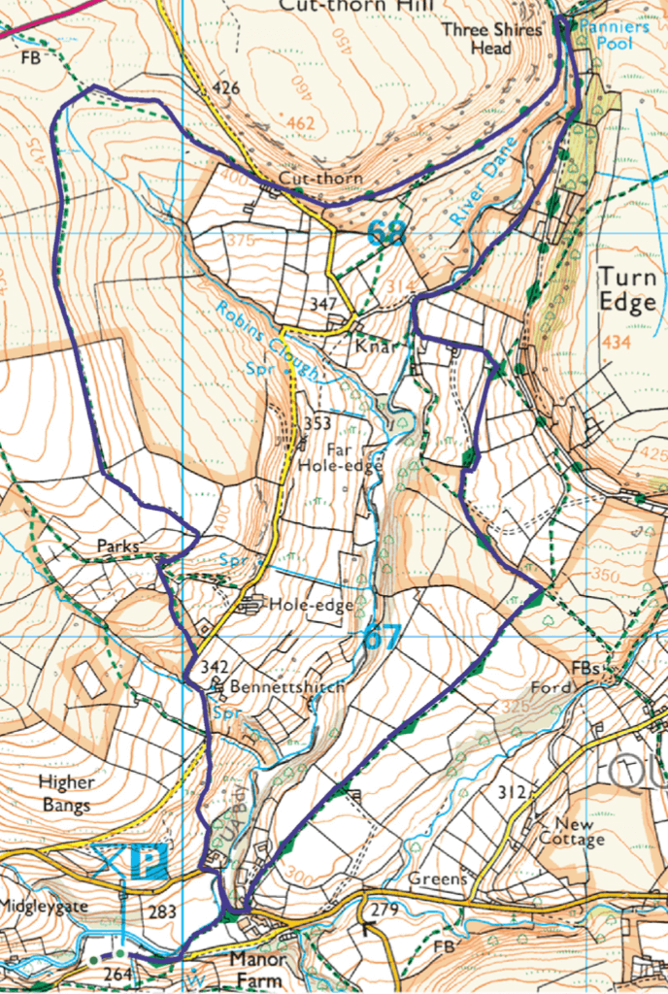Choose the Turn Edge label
pyautogui.click(x=627, y=288)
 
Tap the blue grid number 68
pyautogui.click(x=385, y=233)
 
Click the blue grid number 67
pyautogui.click(x=382, y=640)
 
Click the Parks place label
pyautogui.click(x=118, y=547)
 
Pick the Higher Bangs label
pyautogui.click(x=66, y=793)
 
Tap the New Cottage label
pyautogui.click(x=572, y=831)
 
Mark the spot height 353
pyautogui.click(x=317, y=423)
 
